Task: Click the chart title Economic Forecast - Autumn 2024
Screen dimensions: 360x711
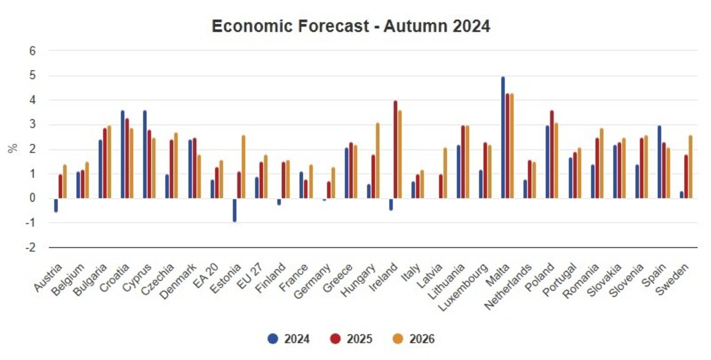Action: [351, 26]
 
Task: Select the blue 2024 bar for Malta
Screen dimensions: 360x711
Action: [503, 137]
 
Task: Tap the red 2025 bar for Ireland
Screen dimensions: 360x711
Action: [395, 149]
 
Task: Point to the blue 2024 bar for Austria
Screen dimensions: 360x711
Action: [56, 205]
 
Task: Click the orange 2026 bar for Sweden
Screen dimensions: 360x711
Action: [691, 167]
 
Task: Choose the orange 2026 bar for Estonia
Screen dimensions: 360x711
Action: [243, 167]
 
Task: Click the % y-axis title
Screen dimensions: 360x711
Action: [12, 149]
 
